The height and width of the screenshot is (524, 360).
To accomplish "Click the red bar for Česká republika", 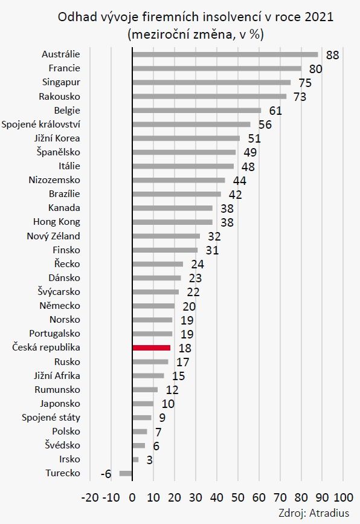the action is click(151, 348).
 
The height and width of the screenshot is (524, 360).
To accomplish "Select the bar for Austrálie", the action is click(225, 54).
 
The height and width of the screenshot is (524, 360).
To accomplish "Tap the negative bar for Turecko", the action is click(126, 473).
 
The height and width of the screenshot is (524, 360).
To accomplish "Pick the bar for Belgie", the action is click(197, 110).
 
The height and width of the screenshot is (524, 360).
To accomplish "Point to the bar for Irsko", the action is click(135, 459).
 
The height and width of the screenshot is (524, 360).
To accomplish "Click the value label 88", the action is click(332, 55).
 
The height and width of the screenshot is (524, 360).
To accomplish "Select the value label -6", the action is click(106, 474).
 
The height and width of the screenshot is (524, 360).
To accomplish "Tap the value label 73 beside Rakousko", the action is click(300, 97).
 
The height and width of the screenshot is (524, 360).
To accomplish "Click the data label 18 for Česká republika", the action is click(185, 348).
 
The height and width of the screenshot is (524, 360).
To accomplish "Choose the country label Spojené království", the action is click(40, 125).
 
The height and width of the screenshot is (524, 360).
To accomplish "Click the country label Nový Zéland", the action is click(53, 236).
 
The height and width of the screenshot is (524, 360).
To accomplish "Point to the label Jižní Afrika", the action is click(57, 375).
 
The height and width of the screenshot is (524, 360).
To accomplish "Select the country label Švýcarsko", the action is click(59, 292).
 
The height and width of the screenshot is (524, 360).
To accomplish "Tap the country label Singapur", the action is click(61, 82).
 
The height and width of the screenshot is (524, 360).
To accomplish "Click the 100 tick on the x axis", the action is click(342, 497).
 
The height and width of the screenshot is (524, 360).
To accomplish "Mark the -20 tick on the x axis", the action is click(90, 497).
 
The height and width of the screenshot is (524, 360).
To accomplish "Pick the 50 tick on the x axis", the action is click(238, 497).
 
